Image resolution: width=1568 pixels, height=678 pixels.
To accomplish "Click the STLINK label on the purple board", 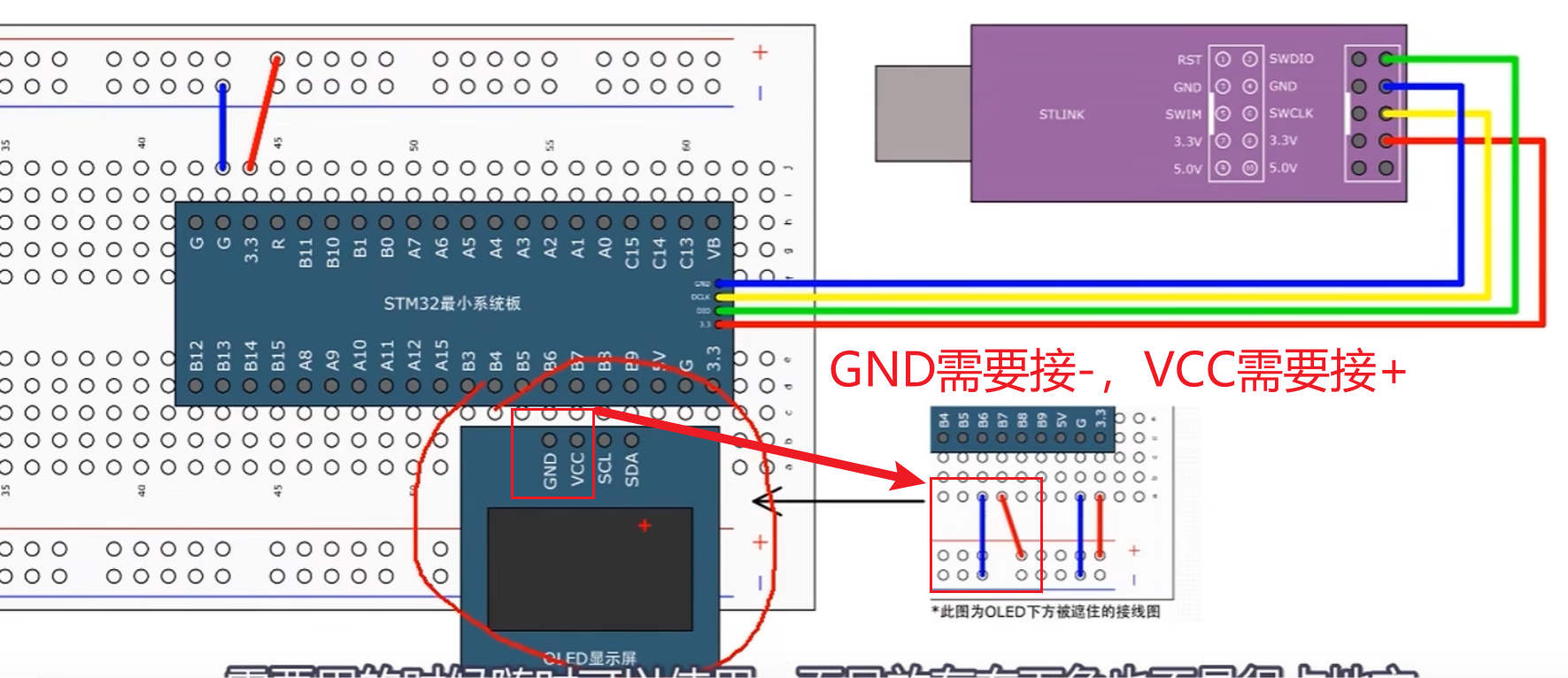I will [x=1061, y=114].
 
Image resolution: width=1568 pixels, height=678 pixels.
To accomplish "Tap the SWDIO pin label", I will [x=1291, y=59].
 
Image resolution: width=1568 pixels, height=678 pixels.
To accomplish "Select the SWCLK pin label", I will [x=1291, y=113].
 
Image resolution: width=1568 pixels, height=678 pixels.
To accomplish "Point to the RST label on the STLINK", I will [x=1189, y=60].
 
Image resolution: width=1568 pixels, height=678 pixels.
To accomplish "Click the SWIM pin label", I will [x=1183, y=114].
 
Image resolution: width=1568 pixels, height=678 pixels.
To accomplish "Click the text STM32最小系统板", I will [x=452, y=304].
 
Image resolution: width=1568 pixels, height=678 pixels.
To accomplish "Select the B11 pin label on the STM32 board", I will [x=305, y=252].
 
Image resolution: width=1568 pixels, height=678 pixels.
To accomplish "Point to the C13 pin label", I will [x=686, y=252].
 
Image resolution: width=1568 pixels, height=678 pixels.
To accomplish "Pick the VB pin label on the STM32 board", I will [x=714, y=249].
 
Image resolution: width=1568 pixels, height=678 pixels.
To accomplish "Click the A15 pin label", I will [x=442, y=355].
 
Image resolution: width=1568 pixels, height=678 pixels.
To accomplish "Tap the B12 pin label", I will [x=197, y=355].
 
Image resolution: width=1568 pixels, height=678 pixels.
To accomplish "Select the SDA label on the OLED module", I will [x=632, y=469].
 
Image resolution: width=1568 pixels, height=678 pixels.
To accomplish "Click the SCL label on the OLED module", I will [x=605, y=469].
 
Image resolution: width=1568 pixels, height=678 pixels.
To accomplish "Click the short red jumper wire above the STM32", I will [x=264, y=113].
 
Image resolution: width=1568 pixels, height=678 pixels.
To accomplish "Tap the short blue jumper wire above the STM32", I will [x=223, y=127].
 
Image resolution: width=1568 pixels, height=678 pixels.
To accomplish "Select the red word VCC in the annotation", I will [x=1187, y=370].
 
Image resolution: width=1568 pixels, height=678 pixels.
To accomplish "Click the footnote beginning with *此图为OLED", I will [x=1045, y=612].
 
